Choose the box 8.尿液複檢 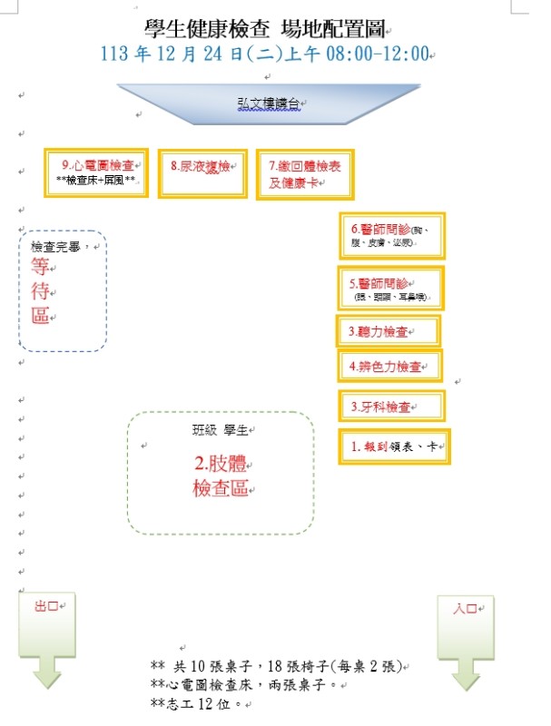coord(202,172)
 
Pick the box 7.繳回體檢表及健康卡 coord(303,173)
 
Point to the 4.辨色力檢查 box coord(390,367)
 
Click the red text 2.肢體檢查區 coord(221,476)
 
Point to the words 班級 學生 coord(221,430)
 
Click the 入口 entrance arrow coord(466,639)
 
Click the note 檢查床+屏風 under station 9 coord(96,181)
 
